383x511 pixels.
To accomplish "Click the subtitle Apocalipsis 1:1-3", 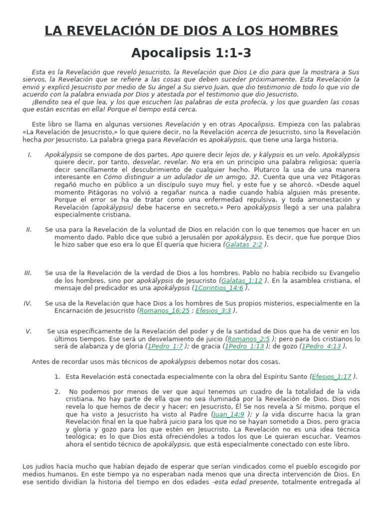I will coord(191,53).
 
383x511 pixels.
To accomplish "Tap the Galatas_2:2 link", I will coord(244,245).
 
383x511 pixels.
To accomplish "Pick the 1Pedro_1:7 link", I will coord(166,346).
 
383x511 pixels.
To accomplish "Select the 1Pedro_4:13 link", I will coord(322,346).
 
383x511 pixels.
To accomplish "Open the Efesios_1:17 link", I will coord(332,376).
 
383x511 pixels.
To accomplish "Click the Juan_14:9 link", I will coord(228,414).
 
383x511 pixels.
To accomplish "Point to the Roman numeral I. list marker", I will coord(30,155).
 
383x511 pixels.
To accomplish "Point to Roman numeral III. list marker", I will coord(28,273).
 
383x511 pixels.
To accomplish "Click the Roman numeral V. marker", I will coord(29,331).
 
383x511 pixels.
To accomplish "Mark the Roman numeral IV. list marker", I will coord(28,303).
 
